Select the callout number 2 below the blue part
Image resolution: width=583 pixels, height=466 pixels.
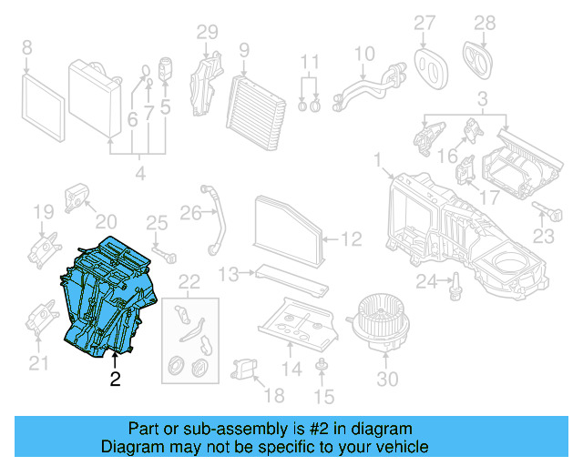coord(115,379)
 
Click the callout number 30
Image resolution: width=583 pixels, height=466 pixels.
coord(387,379)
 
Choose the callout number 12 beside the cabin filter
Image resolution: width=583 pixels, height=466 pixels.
coord(351,239)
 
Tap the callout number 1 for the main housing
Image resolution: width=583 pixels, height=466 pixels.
coord(376,161)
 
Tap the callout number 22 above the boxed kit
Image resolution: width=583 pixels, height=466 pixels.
coord(189,280)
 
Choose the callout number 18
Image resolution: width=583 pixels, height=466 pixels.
coord(272,395)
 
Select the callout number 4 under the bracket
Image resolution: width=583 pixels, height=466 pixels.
coord(139,172)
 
